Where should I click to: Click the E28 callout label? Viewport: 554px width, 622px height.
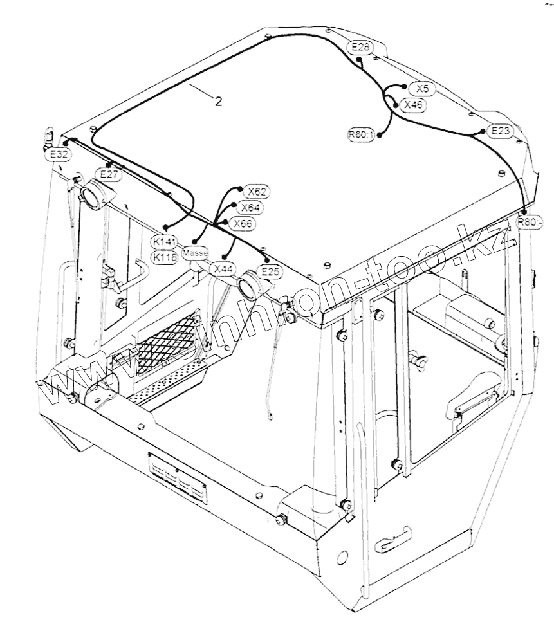pyautogui.click(x=360, y=46)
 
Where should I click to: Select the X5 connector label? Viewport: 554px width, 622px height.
pyautogui.click(x=422, y=88)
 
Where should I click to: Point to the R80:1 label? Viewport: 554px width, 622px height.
pyautogui.click(x=360, y=134)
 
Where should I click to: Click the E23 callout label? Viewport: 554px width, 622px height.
pyautogui.click(x=500, y=131)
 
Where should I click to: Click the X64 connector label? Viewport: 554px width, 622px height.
pyautogui.click(x=249, y=207)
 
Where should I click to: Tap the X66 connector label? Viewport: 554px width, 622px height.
pyautogui.click(x=242, y=223)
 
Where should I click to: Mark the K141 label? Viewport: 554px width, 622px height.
pyautogui.click(x=164, y=241)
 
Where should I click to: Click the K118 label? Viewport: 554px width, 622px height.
pyautogui.click(x=164, y=257)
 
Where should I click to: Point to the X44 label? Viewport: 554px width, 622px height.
pyautogui.click(x=223, y=269)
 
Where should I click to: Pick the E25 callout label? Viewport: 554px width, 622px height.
pyautogui.click(x=271, y=271)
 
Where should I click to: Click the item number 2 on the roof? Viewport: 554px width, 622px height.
pyautogui.click(x=219, y=102)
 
